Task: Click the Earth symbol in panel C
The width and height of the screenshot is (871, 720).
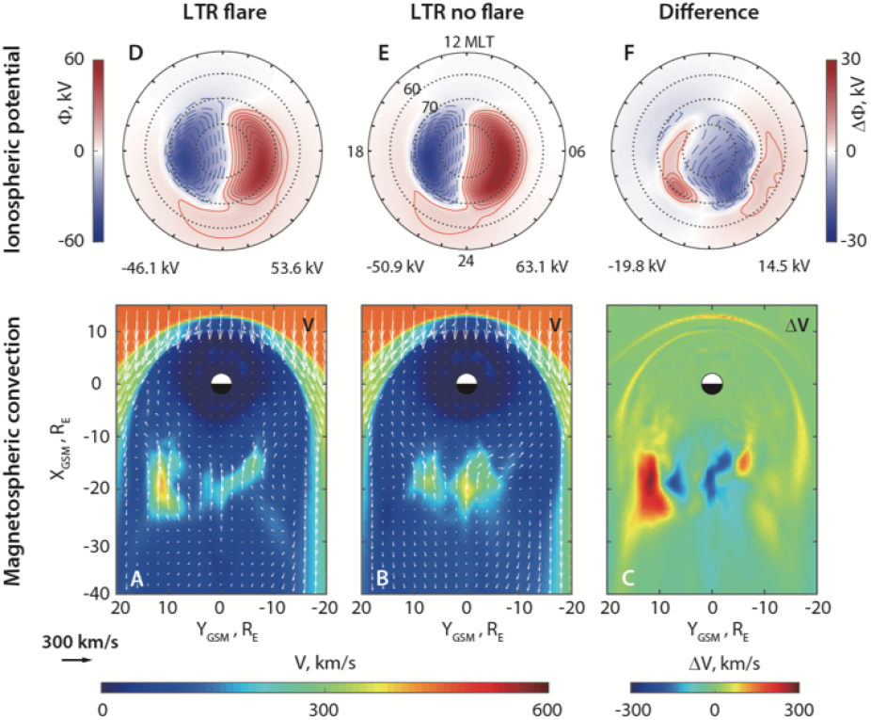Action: tap(711, 383)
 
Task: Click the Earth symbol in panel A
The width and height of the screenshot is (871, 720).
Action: tap(220, 383)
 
